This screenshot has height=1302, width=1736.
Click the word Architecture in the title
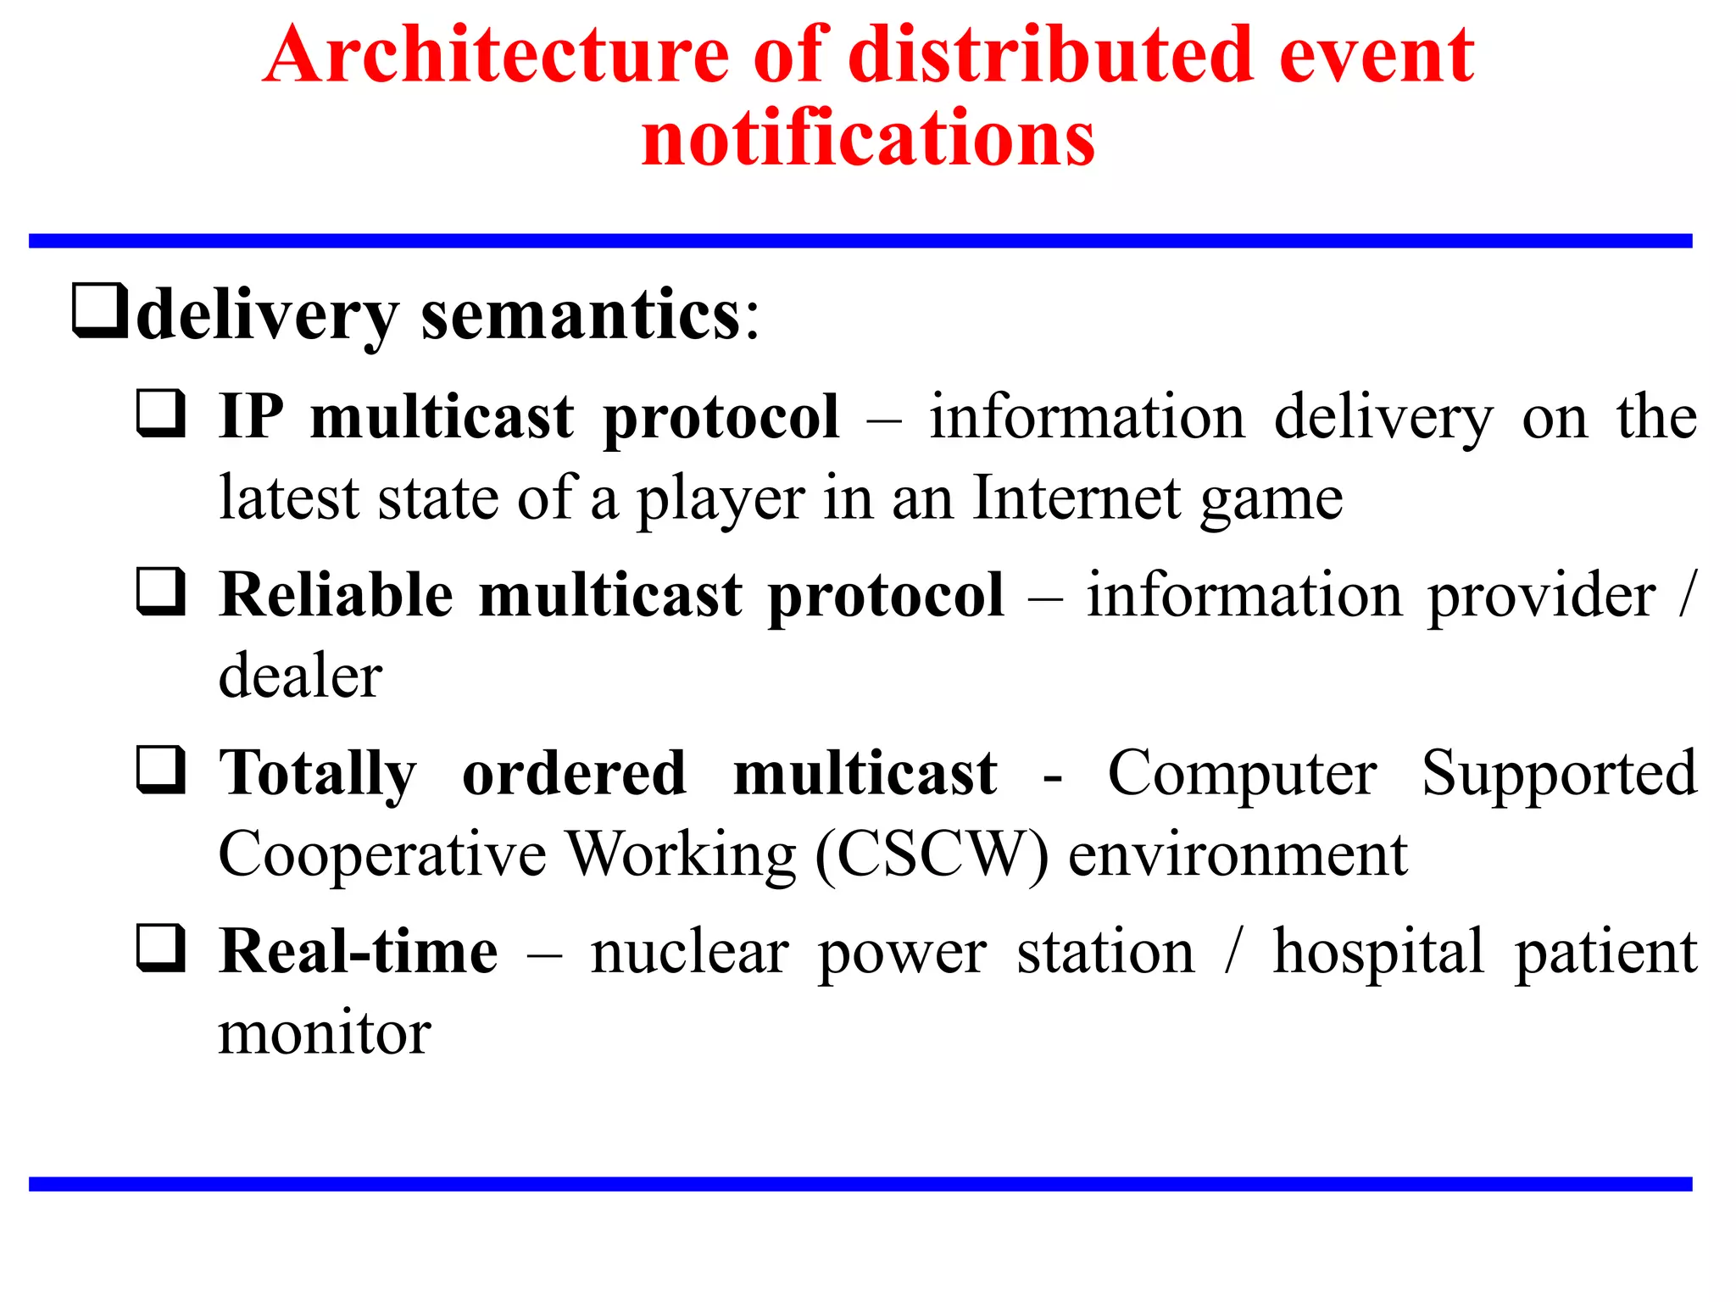point(496,56)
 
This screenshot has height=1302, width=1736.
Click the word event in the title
point(1376,56)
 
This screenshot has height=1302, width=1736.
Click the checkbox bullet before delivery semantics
point(100,312)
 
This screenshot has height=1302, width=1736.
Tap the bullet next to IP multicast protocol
point(161,413)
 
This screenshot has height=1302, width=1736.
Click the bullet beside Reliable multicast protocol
point(161,592)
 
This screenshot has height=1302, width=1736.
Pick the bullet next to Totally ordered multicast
point(161,770)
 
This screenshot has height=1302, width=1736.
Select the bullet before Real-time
point(161,948)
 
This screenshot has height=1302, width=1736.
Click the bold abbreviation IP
point(251,417)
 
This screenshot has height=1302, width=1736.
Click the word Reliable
point(336,595)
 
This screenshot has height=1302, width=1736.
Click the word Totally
point(318,775)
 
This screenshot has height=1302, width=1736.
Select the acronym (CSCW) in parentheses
point(932,855)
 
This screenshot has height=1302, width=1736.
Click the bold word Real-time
point(359,952)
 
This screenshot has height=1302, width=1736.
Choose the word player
point(721,500)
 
